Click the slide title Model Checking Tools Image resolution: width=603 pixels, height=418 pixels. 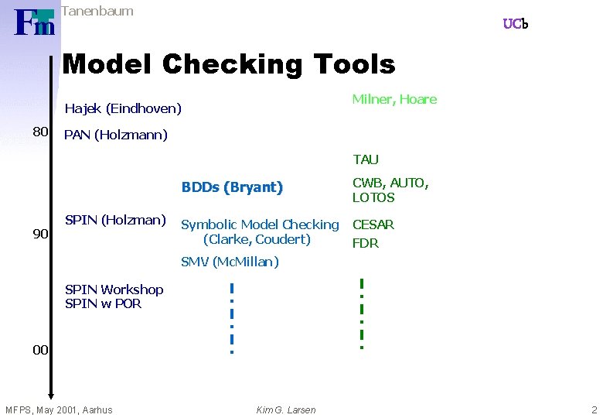click(x=228, y=64)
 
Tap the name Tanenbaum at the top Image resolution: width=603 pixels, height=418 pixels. click(x=97, y=11)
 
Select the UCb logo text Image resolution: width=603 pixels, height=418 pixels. click(x=515, y=24)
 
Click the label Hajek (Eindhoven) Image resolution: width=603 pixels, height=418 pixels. click(x=123, y=108)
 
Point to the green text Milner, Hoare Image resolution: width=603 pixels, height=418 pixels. click(x=394, y=99)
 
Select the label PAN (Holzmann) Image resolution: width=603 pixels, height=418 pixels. click(x=116, y=135)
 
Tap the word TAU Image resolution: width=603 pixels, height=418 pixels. click(x=366, y=160)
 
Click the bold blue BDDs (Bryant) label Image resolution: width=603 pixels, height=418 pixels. click(x=232, y=187)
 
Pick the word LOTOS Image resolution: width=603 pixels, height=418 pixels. click(x=373, y=197)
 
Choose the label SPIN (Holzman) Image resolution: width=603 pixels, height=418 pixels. click(x=115, y=220)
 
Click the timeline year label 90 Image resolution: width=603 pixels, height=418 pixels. click(x=41, y=234)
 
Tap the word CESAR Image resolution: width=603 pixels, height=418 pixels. click(x=373, y=225)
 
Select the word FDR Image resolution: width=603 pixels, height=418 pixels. click(x=366, y=243)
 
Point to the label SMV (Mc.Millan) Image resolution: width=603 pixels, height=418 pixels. click(x=230, y=262)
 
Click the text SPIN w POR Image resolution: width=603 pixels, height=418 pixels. click(x=104, y=303)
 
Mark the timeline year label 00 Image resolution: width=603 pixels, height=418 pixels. click(x=41, y=351)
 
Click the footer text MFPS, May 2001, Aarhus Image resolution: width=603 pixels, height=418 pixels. click(x=59, y=409)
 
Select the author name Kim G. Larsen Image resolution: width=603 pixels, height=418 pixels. click(x=286, y=409)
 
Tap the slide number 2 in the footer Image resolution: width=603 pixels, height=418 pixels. click(x=594, y=409)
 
